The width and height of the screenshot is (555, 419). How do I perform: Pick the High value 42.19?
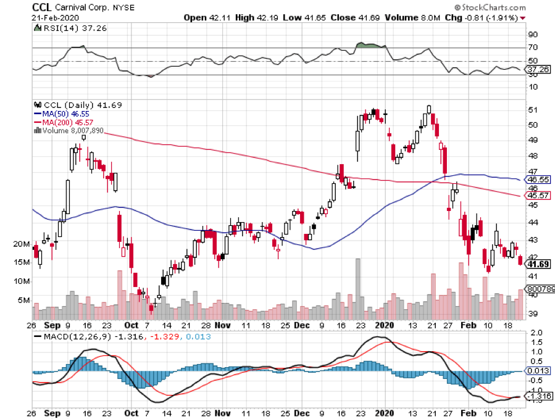[263, 17]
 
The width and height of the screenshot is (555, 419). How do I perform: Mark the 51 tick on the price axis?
[532, 110]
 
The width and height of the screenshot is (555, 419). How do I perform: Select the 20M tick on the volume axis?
[21, 244]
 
